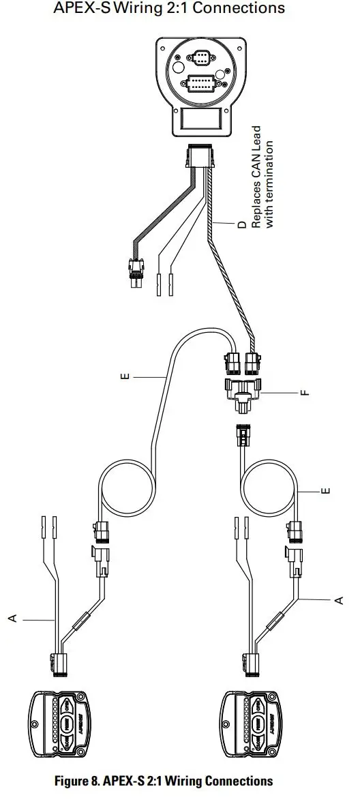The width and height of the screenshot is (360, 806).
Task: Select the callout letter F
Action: coord(304,393)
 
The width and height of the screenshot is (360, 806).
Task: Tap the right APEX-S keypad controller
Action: coord(252,723)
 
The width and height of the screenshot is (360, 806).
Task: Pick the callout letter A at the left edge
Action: coord(12,617)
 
